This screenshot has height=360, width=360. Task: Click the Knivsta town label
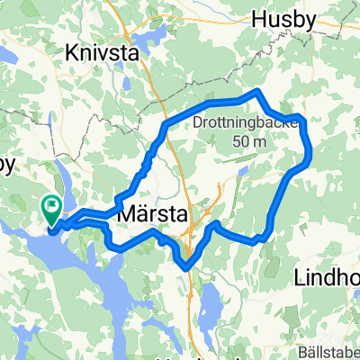click(x=104, y=53)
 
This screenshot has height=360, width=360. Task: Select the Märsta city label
click(x=151, y=216)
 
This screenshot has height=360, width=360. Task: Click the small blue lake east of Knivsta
click(x=154, y=35)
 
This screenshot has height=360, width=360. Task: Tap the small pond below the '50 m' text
click(x=243, y=168)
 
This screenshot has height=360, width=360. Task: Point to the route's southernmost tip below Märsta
click(x=186, y=266)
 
